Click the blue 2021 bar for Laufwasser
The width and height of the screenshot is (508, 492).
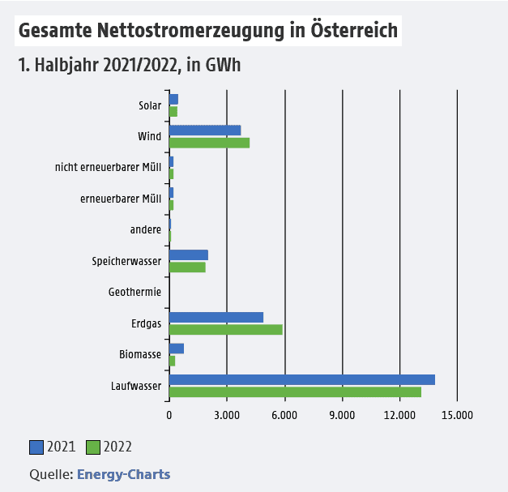coord(301,379)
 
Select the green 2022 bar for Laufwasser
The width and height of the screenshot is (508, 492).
coord(295,392)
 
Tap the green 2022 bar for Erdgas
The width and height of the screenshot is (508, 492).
coord(225,329)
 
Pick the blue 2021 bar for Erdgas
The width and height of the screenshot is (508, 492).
coord(216,317)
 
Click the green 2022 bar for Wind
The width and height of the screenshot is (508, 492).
coord(209,143)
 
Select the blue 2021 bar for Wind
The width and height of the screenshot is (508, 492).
coord(205,130)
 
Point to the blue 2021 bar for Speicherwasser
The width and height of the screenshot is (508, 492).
coord(189,255)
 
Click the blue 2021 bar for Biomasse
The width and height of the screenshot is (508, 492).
coord(177,349)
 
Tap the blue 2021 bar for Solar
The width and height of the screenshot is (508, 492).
coord(173,99)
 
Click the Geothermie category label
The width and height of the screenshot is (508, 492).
coord(134,292)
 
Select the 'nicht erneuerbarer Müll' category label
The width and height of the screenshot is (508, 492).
coord(109,167)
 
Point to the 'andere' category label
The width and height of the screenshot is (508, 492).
coord(146,229)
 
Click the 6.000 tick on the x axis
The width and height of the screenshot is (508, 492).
coord(284,416)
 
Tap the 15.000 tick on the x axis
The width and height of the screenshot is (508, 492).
coord(457,416)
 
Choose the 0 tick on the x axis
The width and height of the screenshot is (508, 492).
coord(169,416)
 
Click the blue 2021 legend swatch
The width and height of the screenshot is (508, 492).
coord(36,447)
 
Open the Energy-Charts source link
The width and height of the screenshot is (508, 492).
coord(123,474)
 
